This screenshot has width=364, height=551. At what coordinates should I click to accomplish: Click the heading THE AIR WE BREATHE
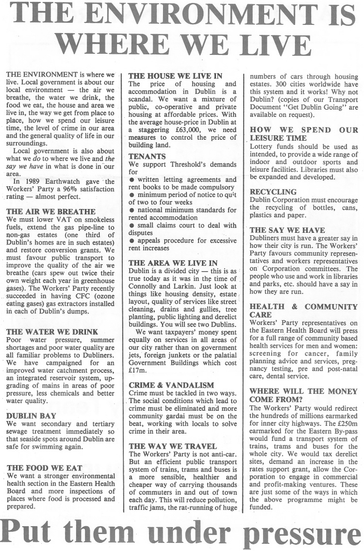[50, 211]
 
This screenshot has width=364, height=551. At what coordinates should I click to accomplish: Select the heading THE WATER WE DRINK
[52, 332]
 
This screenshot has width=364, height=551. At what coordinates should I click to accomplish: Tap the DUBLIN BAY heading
[31, 416]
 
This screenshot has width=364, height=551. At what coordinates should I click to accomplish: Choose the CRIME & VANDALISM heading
[171, 385]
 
